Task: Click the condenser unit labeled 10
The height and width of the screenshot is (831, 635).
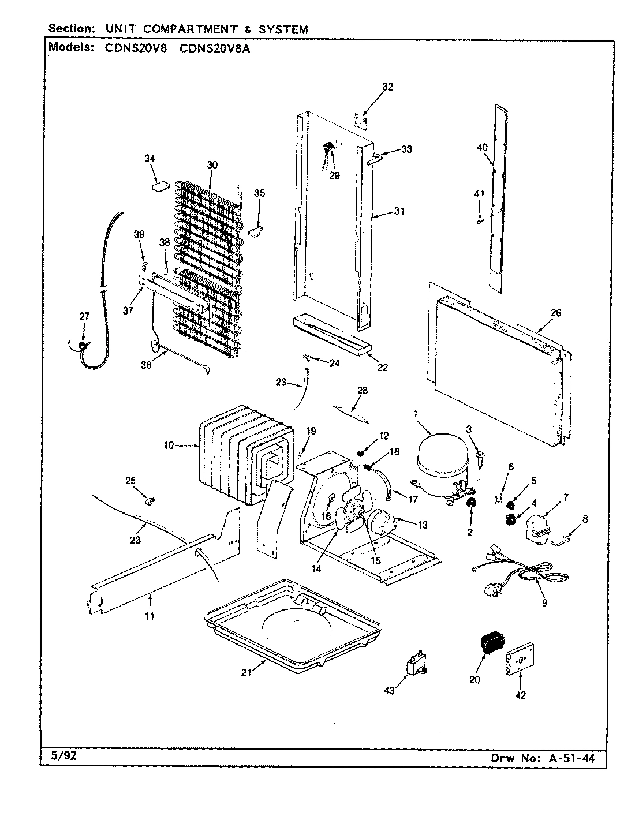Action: pos(242,453)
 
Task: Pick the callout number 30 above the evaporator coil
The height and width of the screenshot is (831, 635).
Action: pos(212,164)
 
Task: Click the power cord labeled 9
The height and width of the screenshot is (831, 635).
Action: pos(520,577)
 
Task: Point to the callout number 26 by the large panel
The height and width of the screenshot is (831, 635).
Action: pos(556,313)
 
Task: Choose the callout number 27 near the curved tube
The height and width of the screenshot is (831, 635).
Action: pos(84,316)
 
